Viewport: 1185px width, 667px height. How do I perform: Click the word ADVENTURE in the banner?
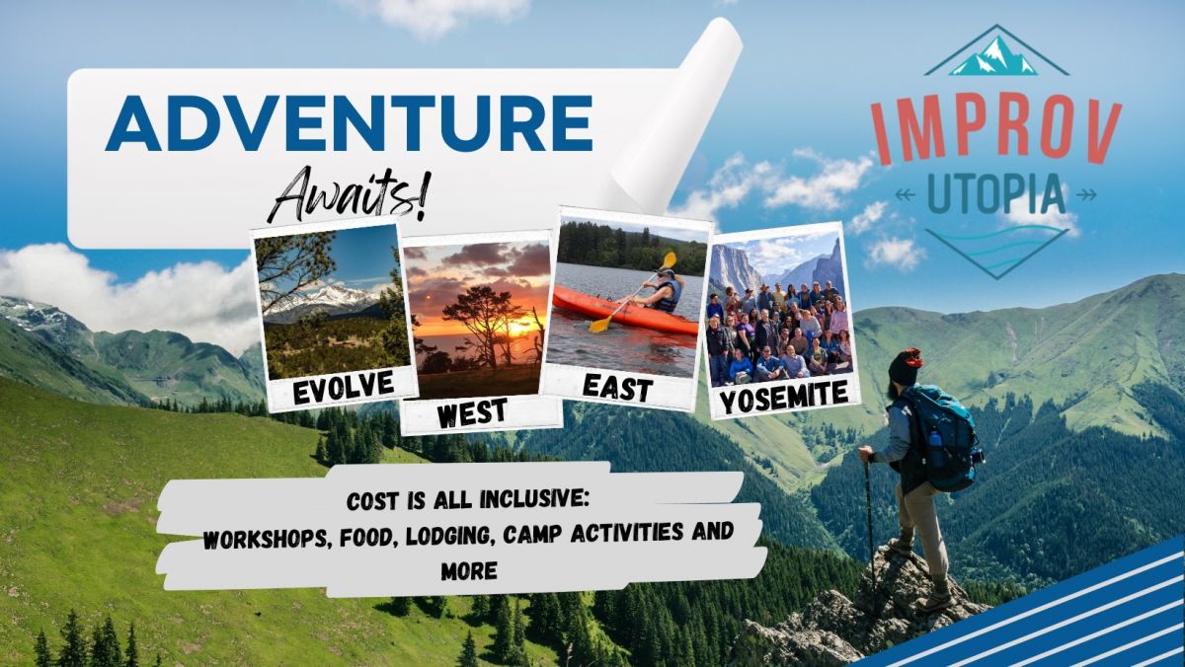[349, 123]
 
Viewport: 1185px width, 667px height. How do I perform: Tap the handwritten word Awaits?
[350, 194]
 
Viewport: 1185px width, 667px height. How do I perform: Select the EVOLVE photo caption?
[344, 387]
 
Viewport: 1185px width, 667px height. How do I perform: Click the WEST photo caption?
[472, 413]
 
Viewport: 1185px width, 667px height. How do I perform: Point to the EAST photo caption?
[617, 389]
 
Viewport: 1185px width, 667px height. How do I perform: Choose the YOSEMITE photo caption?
[784, 396]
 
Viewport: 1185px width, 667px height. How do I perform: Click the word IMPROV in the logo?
[996, 131]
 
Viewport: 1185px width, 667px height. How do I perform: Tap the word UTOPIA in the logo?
[995, 194]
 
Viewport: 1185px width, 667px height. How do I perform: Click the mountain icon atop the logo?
[995, 54]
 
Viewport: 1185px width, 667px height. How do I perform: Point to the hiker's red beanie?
[908, 366]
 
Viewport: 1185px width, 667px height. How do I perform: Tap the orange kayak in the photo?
[624, 310]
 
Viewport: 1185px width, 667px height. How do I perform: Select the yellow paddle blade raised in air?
[669, 260]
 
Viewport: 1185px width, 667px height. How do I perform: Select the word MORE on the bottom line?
[469, 571]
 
